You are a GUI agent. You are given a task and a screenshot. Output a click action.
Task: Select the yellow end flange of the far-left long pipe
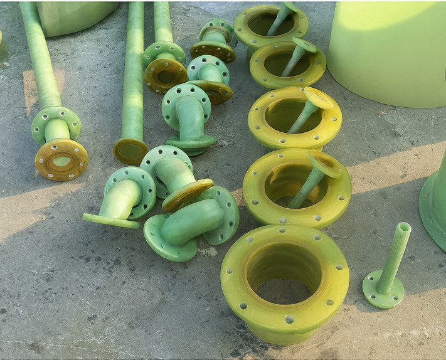click(x=61, y=160)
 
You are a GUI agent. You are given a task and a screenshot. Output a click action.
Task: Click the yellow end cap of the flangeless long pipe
click(x=130, y=151)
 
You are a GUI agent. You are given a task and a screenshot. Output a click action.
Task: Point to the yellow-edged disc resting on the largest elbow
click(x=188, y=195)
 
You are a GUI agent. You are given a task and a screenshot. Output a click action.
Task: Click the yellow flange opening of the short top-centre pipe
click(x=166, y=76)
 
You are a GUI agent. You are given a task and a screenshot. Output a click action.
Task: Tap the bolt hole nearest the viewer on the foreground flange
click(x=289, y=319)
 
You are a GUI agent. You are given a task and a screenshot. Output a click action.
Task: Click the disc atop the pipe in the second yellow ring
click(x=305, y=45)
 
